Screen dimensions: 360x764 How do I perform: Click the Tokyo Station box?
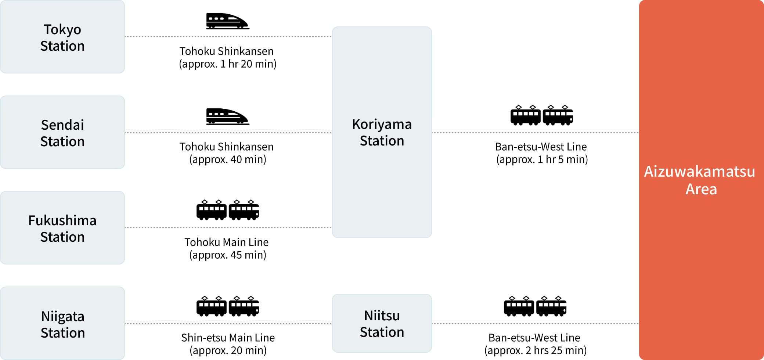coord(62,37)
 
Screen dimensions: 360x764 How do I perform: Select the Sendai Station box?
coord(62,133)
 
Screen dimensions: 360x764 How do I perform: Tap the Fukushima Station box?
coord(62,228)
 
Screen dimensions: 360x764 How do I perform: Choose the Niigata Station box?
coord(62,324)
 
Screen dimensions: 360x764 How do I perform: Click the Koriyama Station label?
coord(382,132)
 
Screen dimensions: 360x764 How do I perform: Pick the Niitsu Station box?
coord(382,323)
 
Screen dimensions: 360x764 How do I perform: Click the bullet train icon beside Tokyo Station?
coord(227,21)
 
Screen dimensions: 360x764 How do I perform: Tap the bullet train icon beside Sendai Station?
coord(227,116)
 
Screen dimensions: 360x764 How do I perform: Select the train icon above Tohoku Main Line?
coord(228,210)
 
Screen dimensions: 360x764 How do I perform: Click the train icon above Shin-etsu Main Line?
coord(228,306)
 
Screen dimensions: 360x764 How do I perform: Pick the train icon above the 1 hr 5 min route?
coord(542,115)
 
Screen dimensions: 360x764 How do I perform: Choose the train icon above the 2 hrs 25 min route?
coord(535,306)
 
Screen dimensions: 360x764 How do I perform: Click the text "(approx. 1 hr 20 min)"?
coord(228,64)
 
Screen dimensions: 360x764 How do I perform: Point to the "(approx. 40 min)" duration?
coord(228,159)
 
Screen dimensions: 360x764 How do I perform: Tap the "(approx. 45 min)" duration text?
coord(228,255)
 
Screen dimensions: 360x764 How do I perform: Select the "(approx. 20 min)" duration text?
coord(228,350)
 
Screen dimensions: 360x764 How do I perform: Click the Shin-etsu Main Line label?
coord(228,338)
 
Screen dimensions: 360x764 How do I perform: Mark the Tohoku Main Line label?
coord(227,242)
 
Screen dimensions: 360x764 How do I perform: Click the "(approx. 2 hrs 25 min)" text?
coord(535,350)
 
